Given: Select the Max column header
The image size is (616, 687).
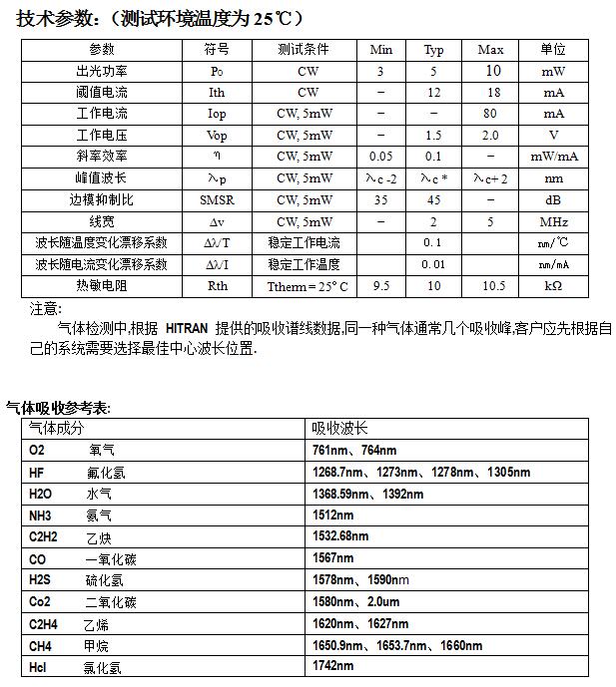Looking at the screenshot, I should (x=490, y=50).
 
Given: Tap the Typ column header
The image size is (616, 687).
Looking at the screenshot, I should (x=433, y=50).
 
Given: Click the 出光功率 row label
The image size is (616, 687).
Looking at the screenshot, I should (x=102, y=71).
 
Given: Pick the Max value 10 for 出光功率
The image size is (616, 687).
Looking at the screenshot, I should (x=492, y=71).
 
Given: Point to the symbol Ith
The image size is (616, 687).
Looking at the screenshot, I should (x=217, y=93).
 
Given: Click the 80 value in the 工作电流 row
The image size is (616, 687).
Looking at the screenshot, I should (x=491, y=114).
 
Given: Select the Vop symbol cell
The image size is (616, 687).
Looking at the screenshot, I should (x=217, y=136).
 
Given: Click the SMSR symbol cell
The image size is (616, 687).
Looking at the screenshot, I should (x=217, y=199).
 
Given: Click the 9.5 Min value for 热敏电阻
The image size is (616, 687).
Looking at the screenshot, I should (x=380, y=285).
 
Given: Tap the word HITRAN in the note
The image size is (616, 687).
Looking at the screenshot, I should (x=187, y=328).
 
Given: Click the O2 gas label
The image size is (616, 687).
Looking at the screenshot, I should (x=38, y=451).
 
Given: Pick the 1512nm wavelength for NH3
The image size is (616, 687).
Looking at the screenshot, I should (x=333, y=515).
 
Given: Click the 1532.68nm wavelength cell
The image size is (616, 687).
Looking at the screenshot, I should (x=341, y=536).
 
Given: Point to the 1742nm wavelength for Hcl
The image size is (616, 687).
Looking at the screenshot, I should (x=333, y=666).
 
